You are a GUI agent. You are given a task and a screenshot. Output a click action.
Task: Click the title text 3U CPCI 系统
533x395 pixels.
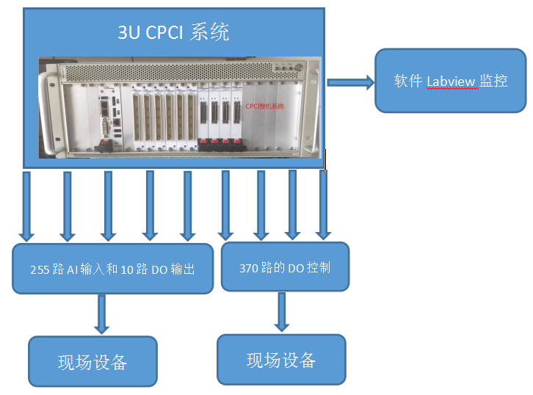[174, 32]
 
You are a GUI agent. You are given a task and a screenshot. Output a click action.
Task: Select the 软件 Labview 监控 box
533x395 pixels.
[450, 81]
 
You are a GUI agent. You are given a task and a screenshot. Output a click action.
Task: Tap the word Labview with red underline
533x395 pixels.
[451, 81]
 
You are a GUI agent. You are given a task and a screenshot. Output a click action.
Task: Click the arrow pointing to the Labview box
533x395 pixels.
[350, 82]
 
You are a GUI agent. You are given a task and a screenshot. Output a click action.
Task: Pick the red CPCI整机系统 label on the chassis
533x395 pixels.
[264, 106]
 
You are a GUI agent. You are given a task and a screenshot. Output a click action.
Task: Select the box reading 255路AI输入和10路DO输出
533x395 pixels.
[113, 269]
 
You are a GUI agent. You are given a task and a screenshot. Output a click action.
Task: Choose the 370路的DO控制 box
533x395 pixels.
[285, 267]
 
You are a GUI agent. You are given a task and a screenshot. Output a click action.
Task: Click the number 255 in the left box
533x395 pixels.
[40, 270]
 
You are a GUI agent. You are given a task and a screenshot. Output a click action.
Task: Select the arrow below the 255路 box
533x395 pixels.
[101, 314]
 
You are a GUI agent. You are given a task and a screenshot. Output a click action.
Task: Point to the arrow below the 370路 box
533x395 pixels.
[281, 312]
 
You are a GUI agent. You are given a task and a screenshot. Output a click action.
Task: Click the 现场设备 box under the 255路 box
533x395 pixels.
[93, 361]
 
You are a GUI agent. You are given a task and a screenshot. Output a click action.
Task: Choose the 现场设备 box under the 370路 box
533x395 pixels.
[281, 360]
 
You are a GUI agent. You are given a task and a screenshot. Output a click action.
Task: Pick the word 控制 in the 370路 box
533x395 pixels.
[318, 268]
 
